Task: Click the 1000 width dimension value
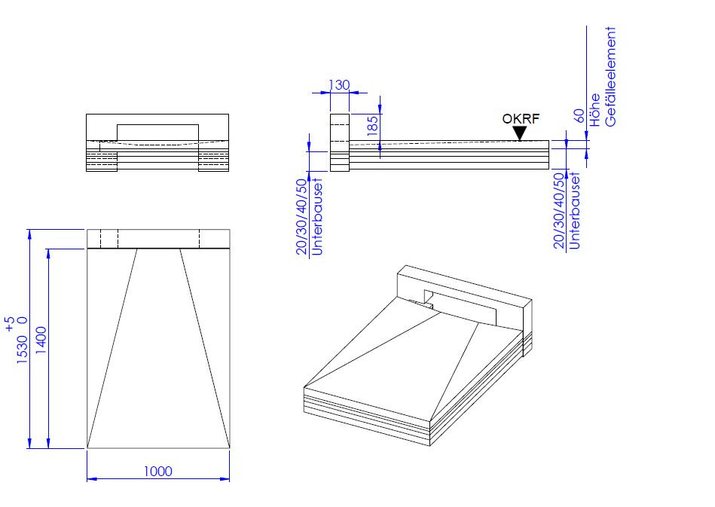[x=157, y=471]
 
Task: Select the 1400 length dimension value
[x=41, y=340]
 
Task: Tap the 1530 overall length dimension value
[x=22, y=350]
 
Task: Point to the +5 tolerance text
[x=9, y=324]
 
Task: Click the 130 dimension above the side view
[x=339, y=85]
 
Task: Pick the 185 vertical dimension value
[x=372, y=125]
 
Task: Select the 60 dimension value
[x=579, y=116]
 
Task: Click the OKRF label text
[x=521, y=118]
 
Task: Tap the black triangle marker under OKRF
[x=520, y=133]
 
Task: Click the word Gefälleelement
[x=610, y=76]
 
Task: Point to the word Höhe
[x=594, y=110]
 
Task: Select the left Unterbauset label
[x=316, y=216]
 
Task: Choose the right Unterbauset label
[x=574, y=211]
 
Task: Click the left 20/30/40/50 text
[x=302, y=216]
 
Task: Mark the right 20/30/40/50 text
[x=559, y=211]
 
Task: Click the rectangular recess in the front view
[x=157, y=133]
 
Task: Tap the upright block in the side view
[x=340, y=142]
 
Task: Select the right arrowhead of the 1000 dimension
[x=225, y=478]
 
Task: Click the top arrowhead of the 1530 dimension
[x=29, y=234]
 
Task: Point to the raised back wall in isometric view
[x=464, y=296]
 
